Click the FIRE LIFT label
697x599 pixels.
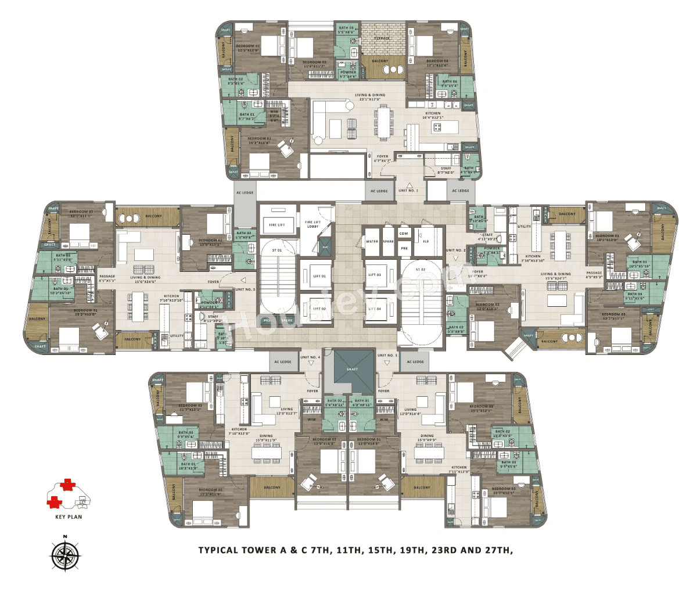pyautogui.click(x=277, y=225)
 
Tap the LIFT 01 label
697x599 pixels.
pyautogui.click(x=319, y=276)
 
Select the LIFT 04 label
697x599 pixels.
pyautogui.click(x=375, y=309)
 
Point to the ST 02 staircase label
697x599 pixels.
pyautogui.click(x=421, y=270)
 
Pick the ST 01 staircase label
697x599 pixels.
pyautogui.click(x=276, y=250)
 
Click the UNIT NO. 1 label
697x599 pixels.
pyautogui.click(x=408, y=191)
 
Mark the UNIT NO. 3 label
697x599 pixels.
pyautogui.click(x=387, y=356)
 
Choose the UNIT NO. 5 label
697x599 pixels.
pyautogui.click(x=245, y=289)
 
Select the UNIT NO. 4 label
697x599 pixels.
pyautogui.click(x=310, y=357)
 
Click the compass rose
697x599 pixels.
pyautogui.click(x=65, y=554)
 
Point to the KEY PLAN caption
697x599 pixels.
pyautogui.click(x=69, y=516)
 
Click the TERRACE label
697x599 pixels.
pyautogui.click(x=382, y=38)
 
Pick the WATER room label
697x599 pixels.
pyautogui.click(x=372, y=242)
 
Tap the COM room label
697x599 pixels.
pyautogui.click(x=404, y=234)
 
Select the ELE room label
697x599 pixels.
pyautogui.click(x=426, y=242)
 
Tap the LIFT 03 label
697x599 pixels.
pyautogui.click(x=375, y=275)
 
